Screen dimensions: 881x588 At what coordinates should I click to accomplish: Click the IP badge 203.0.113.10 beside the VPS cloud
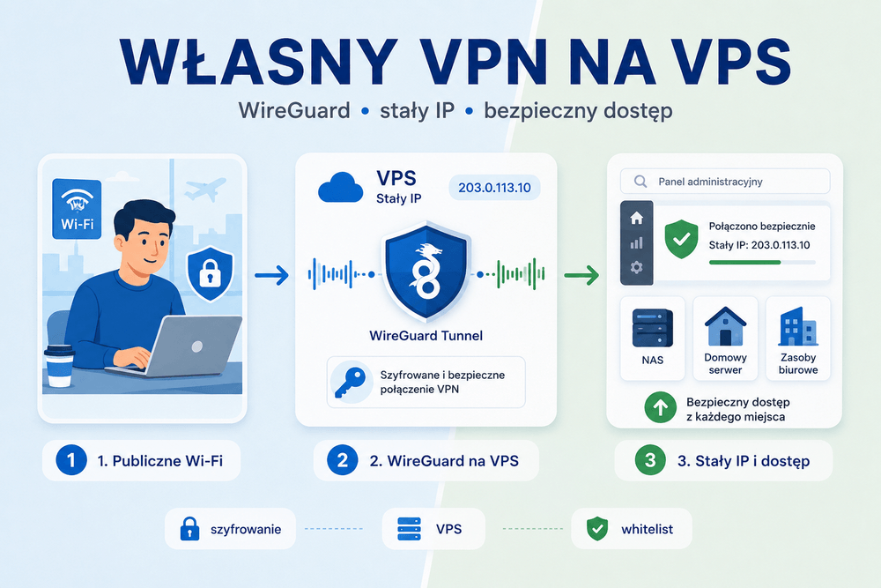click(x=494, y=188)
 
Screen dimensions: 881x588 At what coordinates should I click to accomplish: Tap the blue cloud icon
click(x=340, y=188)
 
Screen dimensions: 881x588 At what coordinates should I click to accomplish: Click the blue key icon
click(x=351, y=382)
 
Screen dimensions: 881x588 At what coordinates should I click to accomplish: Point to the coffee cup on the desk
click(x=59, y=366)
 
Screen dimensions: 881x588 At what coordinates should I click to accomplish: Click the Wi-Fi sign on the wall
click(x=77, y=209)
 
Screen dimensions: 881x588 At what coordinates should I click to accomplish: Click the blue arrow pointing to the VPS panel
click(x=271, y=275)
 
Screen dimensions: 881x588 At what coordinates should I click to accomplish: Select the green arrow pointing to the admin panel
click(x=581, y=275)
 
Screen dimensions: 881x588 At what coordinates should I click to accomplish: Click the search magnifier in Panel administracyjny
click(x=640, y=182)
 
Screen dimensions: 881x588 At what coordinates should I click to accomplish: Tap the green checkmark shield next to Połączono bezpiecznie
click(x=681, y=240)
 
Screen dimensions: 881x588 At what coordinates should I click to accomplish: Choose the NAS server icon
click(x=652, y=328)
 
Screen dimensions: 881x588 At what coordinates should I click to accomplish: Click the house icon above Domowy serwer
click(x=725, y=326)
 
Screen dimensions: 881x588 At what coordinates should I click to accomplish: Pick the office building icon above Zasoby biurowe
click(x=798, y=326)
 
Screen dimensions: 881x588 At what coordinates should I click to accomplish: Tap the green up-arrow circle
click(x=660, y=407)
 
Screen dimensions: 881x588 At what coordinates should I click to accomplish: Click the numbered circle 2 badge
click(x=342, y=460)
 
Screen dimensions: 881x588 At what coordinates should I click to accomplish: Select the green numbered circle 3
click(x=650, y=460)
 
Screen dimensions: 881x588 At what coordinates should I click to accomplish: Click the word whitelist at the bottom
click(x=647, y=529)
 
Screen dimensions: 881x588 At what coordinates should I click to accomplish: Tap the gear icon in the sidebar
click(x=637, y=267)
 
